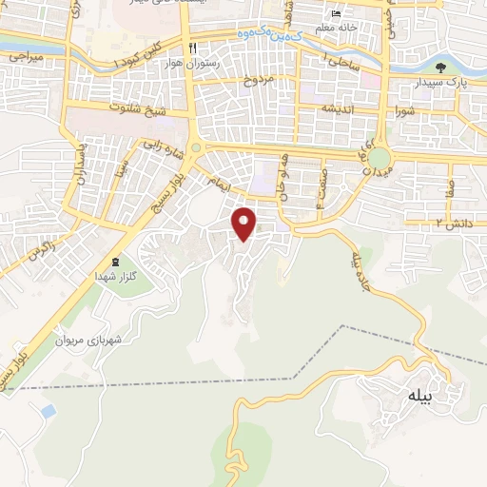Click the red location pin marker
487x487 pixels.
245,224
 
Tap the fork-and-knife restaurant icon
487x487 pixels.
192,48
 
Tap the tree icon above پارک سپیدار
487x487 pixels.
440,68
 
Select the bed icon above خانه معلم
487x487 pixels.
335,14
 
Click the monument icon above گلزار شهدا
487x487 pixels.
117,262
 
